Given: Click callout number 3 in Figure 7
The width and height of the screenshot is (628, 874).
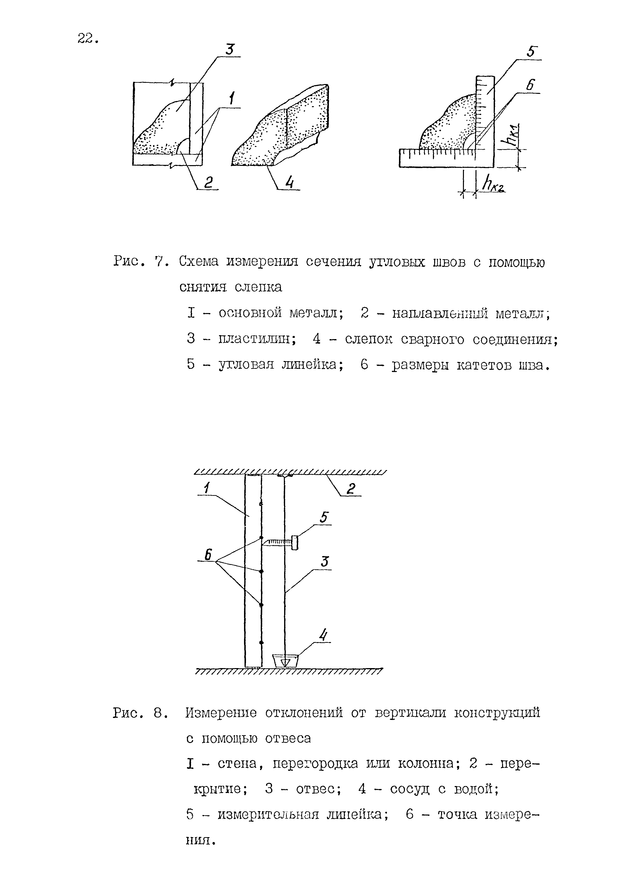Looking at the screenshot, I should tap(230, 50).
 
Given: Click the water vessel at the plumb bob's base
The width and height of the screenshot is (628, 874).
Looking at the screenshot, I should tap(285, 661).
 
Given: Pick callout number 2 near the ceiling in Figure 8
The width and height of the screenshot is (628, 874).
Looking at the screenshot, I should tap(350, 489).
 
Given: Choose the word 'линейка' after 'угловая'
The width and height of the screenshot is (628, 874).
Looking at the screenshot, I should tap(313, 364).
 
